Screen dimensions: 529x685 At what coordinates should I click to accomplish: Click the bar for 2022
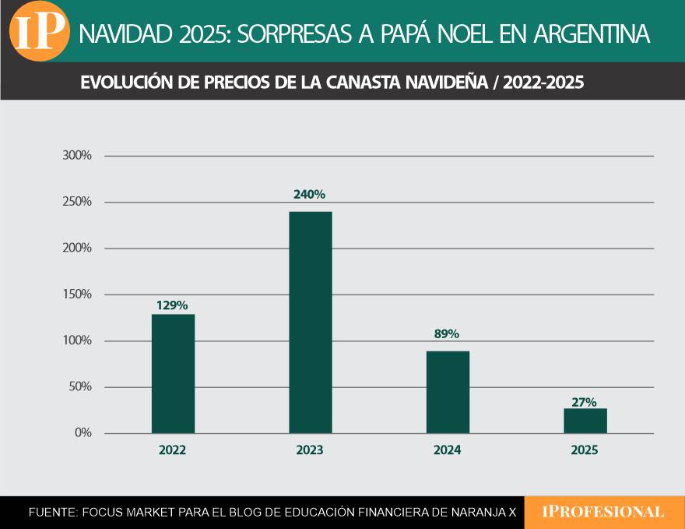coord(173,374)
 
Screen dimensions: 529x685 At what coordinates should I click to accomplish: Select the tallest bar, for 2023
coord(310,323)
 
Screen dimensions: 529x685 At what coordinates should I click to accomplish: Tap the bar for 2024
coord(448,392)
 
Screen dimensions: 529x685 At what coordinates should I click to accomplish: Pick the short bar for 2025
coord(585,421)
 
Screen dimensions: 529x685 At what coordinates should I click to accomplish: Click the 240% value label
coord(309,195)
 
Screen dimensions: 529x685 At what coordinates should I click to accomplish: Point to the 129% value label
coord(172,305)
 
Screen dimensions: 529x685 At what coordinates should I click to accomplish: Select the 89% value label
coord(447,334)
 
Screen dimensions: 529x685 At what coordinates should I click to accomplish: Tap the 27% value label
coord(585,402)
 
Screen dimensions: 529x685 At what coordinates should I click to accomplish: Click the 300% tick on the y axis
coord(77,156)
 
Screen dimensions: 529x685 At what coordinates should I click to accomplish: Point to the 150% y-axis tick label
coord(77,294)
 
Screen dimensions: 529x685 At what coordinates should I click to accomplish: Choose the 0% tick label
coord(83,433)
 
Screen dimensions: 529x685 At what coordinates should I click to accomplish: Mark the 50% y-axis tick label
coord(80,387)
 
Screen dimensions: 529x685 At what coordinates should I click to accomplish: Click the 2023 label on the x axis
coord(310,450)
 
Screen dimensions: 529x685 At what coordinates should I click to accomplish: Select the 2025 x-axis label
coord(585,450)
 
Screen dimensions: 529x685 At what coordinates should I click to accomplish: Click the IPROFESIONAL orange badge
coord(603,512)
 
